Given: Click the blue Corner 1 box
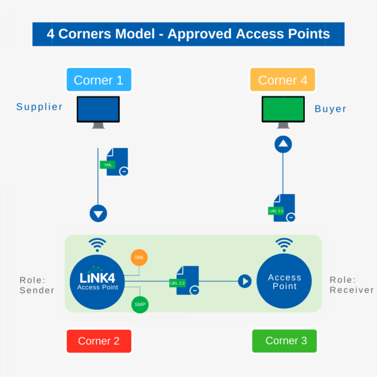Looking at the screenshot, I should click(99, 80).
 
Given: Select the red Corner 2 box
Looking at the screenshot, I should click(99, 341).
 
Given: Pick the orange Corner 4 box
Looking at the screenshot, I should click(282, 80).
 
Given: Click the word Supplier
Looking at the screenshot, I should click(39, 107).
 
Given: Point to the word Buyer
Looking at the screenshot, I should click(330, 109).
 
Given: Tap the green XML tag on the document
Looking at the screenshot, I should click(108, 165).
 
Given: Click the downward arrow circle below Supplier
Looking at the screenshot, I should click(98, 214).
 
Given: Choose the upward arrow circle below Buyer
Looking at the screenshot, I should click(283, 144).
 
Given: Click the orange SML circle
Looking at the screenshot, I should click(139, 257).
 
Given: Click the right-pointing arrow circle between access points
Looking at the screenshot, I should click(244, 281).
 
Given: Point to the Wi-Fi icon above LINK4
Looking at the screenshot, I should click(98, 244).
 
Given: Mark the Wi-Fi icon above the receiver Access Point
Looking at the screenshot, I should click(284, 244).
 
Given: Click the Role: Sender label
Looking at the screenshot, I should click(37, 285).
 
